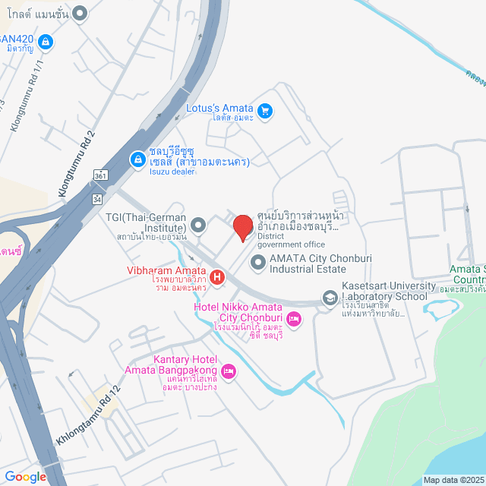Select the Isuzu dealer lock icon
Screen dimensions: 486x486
click(137, 159)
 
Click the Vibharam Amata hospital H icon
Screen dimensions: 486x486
click(217, 278)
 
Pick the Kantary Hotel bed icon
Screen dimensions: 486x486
click(229, 371)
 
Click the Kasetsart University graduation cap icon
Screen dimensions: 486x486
click(330, 297)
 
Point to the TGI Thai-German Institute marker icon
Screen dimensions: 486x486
click(199, 225)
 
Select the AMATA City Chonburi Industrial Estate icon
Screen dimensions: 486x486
click(258, 263)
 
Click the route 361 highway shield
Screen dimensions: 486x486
click(99, 175)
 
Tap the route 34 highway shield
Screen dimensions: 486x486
click(98, 198)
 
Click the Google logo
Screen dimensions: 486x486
click(25, 476)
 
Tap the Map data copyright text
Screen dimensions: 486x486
click(453, 480)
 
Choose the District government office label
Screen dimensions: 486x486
click(291, 240)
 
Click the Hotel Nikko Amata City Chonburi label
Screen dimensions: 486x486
click(242, 311)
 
